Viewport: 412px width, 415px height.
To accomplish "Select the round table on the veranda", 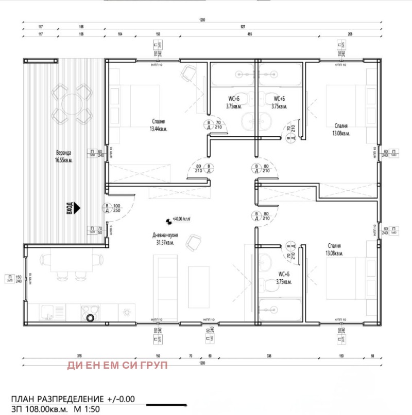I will [x=72, y=103].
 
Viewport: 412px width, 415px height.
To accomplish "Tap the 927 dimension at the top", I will [x=242, y=27].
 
